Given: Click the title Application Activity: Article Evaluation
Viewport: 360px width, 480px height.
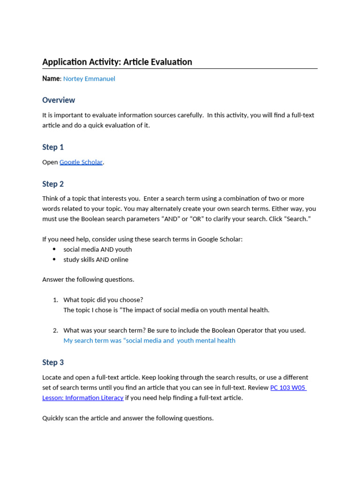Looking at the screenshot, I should (x=117, y=62).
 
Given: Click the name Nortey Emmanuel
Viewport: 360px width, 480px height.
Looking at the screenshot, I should (x=89, y=79).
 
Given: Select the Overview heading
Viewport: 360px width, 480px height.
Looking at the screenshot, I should (x=59, y=100).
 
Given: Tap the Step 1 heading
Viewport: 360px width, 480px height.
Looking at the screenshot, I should (x=53, y=147).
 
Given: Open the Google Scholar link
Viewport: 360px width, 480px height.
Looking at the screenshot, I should (x=81, y=162).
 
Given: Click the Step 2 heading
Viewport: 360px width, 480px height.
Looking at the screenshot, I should (x=53, y=184).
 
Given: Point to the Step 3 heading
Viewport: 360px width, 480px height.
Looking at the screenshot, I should (x=53, y=362).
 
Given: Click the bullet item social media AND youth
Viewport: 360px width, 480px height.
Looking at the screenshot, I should (x=97, y=249).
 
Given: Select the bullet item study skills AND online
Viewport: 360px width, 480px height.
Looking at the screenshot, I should (x=96, y=260).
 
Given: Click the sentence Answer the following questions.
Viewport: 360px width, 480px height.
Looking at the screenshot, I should (x=88, y=279).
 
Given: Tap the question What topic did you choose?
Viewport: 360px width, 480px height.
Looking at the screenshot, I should (x=103, y=300).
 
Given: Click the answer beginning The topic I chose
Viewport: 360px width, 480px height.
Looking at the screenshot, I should (x=166, y=310).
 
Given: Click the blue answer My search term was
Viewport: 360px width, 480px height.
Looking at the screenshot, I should (x=149, y=341).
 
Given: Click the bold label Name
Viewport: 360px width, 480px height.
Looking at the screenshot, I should (x=51, y=79).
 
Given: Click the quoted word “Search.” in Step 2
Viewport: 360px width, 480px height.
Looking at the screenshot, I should (x=296, y=219).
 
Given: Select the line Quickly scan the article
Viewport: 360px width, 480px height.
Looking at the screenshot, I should (x=128, y=418).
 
